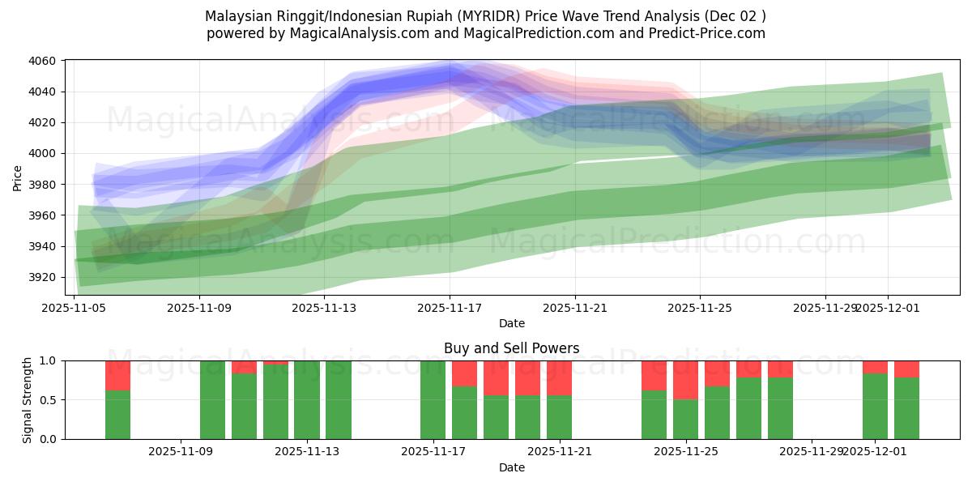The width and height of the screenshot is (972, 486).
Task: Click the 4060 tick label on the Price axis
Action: [42, 61]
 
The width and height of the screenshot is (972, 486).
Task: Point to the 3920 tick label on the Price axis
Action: [42, 277]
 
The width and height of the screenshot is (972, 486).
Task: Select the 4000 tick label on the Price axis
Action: [42, 154]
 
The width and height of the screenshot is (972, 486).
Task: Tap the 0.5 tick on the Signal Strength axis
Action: [48, 400]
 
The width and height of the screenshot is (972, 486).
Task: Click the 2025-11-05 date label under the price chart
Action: [75, 308]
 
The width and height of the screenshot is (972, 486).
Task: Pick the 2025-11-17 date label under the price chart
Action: [450, 308]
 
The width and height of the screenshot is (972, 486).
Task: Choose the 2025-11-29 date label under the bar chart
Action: [812, 452]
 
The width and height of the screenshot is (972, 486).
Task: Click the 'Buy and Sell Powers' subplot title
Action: [511, 348]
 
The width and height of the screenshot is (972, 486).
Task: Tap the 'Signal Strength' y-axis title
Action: [28, 400]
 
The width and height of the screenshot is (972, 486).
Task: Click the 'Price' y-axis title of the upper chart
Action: [18, 177]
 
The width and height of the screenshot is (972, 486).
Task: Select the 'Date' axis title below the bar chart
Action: [511, 467]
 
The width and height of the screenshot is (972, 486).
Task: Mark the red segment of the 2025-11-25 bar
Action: [685, 380]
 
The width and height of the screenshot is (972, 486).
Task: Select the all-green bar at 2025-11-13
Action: [307, 400]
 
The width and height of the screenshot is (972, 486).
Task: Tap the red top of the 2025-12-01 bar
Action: [875, 367]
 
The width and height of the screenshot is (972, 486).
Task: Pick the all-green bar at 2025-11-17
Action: [433, 400]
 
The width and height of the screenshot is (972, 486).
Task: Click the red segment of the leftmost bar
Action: [117, 376]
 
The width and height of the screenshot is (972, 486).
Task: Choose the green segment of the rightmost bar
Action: [906, 408]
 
